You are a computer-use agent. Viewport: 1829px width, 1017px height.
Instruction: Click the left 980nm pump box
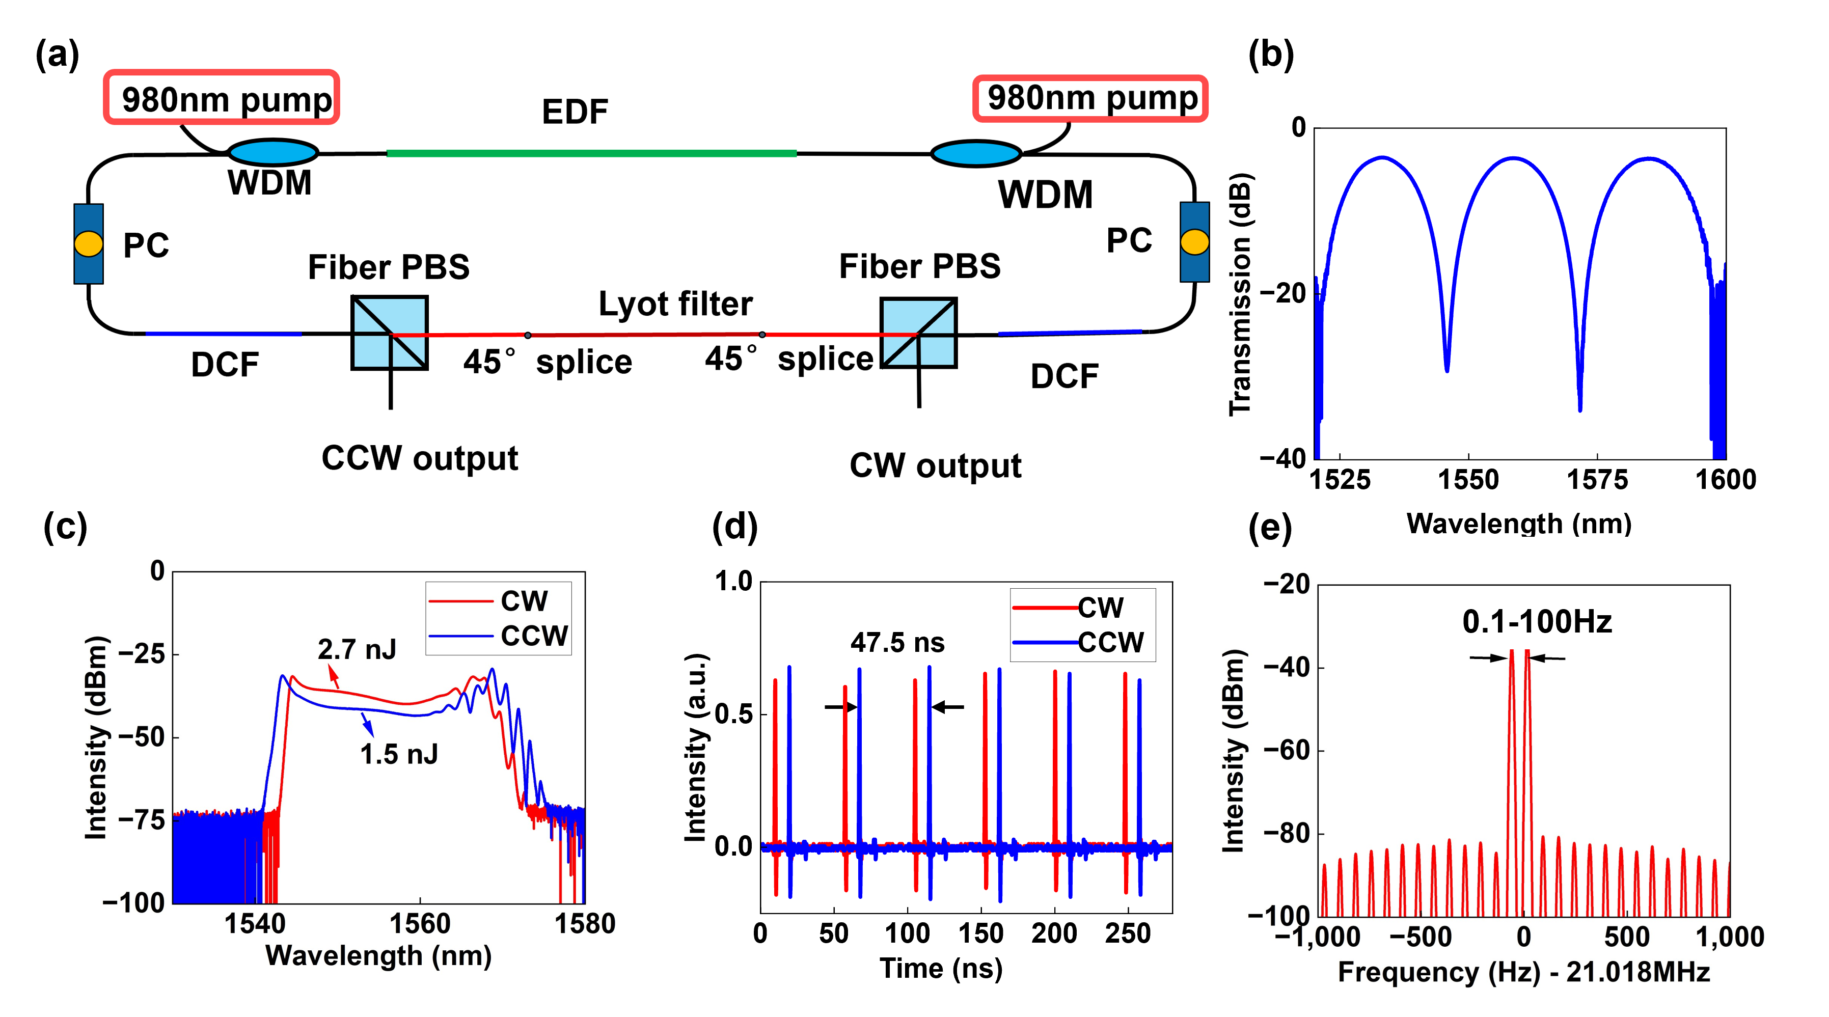pyautogui.click(x=221, y=98)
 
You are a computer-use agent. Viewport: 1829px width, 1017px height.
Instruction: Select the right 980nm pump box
pyautogui.click(x=1090, y=98)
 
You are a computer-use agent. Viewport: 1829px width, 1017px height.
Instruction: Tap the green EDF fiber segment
pyautogui.click(x=591, y=153)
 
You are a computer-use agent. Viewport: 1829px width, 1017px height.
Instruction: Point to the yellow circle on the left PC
pyautogui.click(x=89, y=243)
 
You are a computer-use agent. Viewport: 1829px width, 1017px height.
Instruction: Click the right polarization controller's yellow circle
pyautogui.click(x=1194, y=241)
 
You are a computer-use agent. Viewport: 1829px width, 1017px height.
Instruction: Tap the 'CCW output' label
pyautogui.click(x=420, y=458)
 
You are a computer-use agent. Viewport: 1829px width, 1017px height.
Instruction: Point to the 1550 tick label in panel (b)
pyautogui.click(x=1467, y=480)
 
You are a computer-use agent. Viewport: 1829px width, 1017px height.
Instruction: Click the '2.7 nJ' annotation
pyautogui.click(x=357, y=649)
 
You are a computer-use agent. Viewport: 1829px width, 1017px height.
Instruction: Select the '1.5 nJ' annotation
pyautogui.click(x=398, y=754)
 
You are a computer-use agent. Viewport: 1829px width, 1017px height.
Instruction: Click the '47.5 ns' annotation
pyautogui.click(x=897, y=642)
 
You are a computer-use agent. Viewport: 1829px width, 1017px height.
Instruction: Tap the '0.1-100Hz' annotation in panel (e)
pyautogui.click(x=1537, y=622)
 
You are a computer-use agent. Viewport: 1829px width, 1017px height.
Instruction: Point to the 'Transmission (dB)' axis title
pyautogui.click(x=1240, y=294)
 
